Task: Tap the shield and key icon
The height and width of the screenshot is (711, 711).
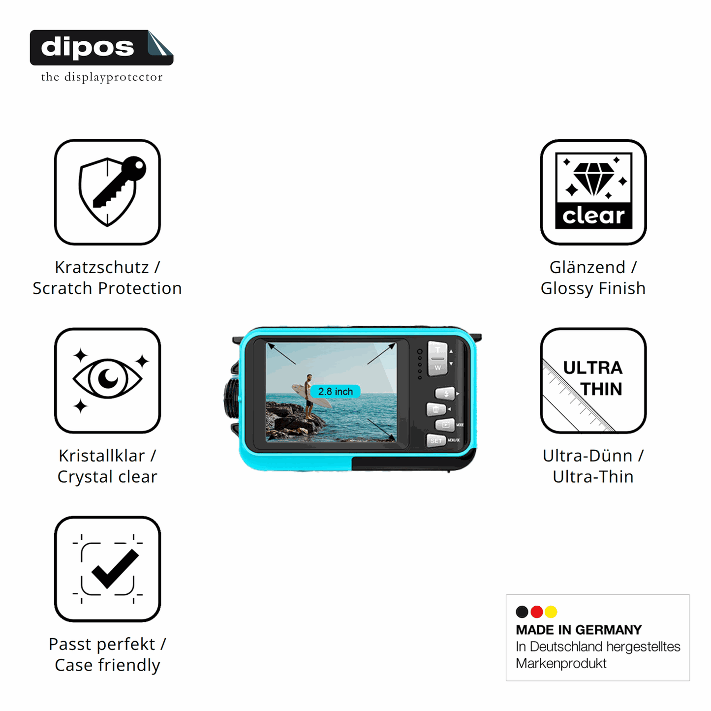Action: (107, 191)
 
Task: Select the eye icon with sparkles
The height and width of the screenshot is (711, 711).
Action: (107, 380)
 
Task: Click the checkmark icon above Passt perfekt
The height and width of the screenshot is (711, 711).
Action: (107, 569)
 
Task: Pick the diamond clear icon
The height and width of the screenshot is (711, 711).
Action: (593, 191)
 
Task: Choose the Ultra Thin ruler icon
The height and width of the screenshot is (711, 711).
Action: (593, 380)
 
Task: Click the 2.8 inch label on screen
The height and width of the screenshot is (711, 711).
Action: (335, 392)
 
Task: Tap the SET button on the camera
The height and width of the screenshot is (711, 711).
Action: (435, 440)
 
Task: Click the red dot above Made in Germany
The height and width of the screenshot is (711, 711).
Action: (536, 612)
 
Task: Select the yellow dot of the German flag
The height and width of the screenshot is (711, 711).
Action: (551, 612)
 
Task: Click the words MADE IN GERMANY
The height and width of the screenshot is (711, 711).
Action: (579, 630)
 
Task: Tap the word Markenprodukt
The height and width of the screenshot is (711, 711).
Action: (561, 663)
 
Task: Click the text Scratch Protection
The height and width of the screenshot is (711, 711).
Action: (107, 288)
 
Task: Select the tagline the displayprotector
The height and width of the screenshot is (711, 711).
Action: (102, 77)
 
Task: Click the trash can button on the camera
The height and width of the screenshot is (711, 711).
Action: (436, 409)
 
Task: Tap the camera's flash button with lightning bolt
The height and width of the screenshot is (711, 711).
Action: (445, 393)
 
